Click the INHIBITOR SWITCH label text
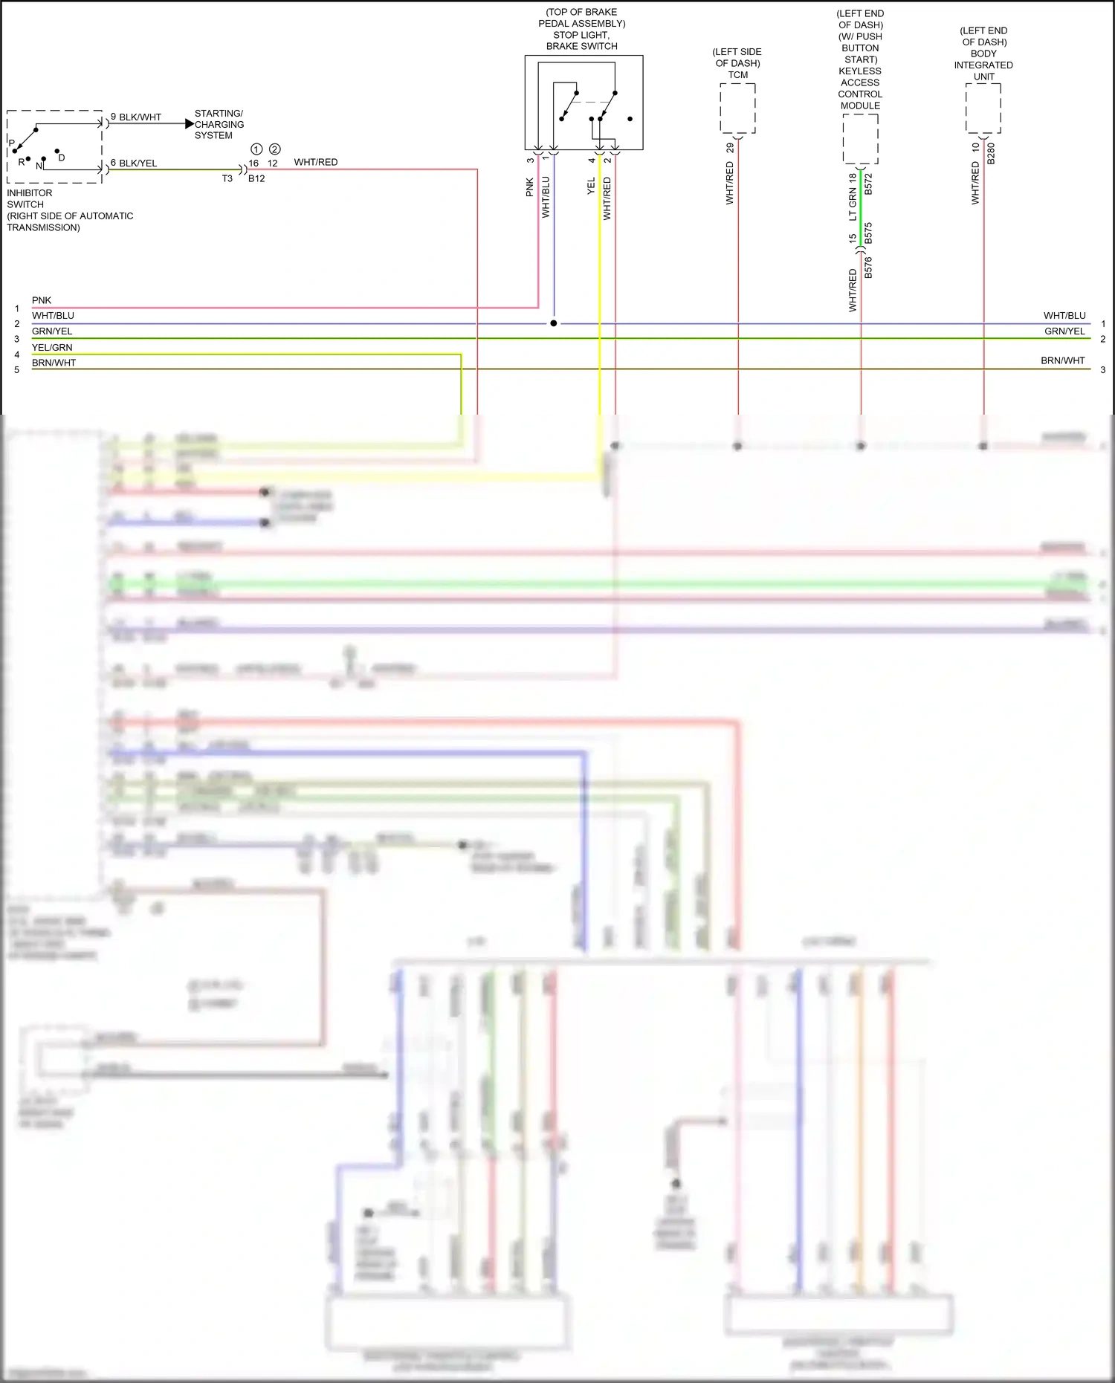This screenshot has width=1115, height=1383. coord(30,198)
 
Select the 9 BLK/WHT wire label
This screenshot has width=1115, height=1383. coord(136,117)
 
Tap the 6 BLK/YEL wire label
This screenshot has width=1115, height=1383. coord(134,163)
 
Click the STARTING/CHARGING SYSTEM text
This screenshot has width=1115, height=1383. coord(219,124)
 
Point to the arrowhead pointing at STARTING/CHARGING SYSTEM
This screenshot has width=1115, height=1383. coord(189,124)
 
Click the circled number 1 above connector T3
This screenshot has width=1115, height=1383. coord(256,149)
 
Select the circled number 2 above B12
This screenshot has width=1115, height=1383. coord(275,149)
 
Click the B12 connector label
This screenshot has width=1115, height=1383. coord(256,178)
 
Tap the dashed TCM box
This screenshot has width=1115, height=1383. coord(737,108)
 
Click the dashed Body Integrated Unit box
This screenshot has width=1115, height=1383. coord(983,108)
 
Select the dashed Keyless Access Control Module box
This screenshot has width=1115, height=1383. coord(860,139)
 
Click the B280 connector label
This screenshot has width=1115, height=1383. coord(991,154)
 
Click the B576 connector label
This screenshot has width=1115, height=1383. coord(868,267)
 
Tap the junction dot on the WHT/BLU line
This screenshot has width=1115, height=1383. coord(553,323)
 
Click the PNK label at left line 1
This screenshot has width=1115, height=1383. coord(42,300)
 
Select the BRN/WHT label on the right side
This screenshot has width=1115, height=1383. coord(1062,360)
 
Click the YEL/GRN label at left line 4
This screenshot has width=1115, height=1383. coord(52,347)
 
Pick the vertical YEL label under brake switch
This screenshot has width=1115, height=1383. coord(591,187)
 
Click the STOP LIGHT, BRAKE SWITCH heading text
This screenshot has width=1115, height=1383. coord(581,40)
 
